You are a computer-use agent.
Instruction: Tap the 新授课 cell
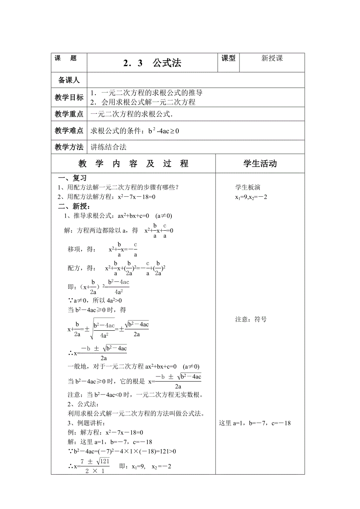[272, 59]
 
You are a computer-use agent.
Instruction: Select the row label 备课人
[69, 80]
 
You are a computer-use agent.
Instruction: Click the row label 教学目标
[69, 98]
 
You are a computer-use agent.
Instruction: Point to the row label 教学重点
[69, 114]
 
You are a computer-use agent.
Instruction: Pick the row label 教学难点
[69, 131]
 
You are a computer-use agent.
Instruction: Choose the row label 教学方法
[69, 147]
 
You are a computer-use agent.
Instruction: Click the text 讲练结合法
[109, 147]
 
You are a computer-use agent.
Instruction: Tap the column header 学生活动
[260, 163]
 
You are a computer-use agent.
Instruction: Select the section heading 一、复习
[72, 178]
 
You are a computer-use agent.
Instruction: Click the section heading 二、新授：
[74, 206]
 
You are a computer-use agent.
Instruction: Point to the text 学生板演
[248, 187]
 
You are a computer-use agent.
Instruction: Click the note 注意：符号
[251, 319]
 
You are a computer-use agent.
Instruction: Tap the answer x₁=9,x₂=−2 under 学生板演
[251, 197]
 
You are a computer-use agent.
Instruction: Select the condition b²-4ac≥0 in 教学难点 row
[163, 131]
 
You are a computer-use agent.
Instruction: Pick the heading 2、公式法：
[83, 404]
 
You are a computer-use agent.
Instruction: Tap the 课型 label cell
[229, 58]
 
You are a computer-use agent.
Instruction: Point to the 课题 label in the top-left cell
[66, 58]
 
